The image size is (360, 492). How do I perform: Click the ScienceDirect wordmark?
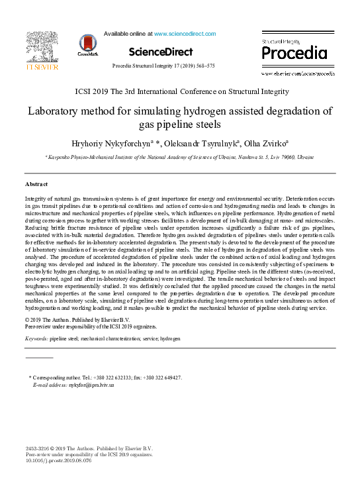(161, 52)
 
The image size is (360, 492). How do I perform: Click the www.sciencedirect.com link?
(184, 32)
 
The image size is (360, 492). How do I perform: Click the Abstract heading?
(38, 183)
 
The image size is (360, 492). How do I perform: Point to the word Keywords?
(36, 338)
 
